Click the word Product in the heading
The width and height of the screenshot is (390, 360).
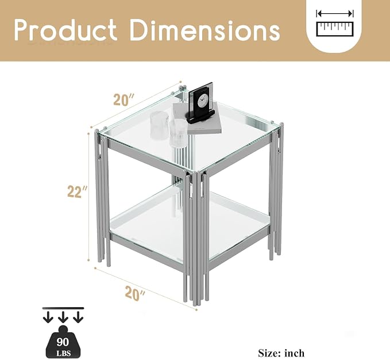pyautogui.click(x=65, y=30)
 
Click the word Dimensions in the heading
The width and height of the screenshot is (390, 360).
pyautogui.click(x=205, y=30)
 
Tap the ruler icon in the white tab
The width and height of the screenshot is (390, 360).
pyautogui.click(x=335, y=29)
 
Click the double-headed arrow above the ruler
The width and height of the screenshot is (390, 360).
pyautogui.click(x=335, y=13)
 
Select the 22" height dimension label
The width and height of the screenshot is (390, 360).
pyautogui.click(x=78, y=192)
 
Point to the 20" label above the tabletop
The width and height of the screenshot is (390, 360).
pyautogui.click(x=124, y=99)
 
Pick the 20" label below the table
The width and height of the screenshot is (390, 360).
pyautogui.click(x=135, y=293)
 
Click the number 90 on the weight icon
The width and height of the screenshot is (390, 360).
pyautogui.click(x=63, y=342)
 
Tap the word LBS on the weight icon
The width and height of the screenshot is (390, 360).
pyautogui.click(x=63, y=353)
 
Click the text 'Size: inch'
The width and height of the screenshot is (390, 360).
pyautogui.click(x=281, y=353)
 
